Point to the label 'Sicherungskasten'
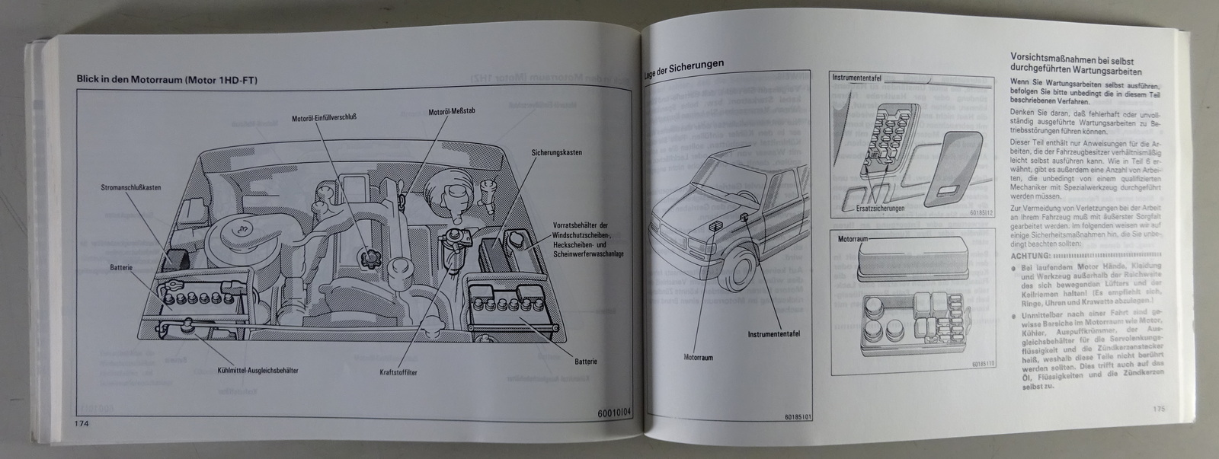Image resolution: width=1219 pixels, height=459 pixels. click(557, 152)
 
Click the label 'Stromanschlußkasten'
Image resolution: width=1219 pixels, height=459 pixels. click(135, 187)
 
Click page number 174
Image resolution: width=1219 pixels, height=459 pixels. click(83, 423)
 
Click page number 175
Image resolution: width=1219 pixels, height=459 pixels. click(1159, 408)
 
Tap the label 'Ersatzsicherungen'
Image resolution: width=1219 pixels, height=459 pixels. click(881, 208)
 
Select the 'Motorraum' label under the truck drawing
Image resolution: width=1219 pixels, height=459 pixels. click(698, 356)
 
